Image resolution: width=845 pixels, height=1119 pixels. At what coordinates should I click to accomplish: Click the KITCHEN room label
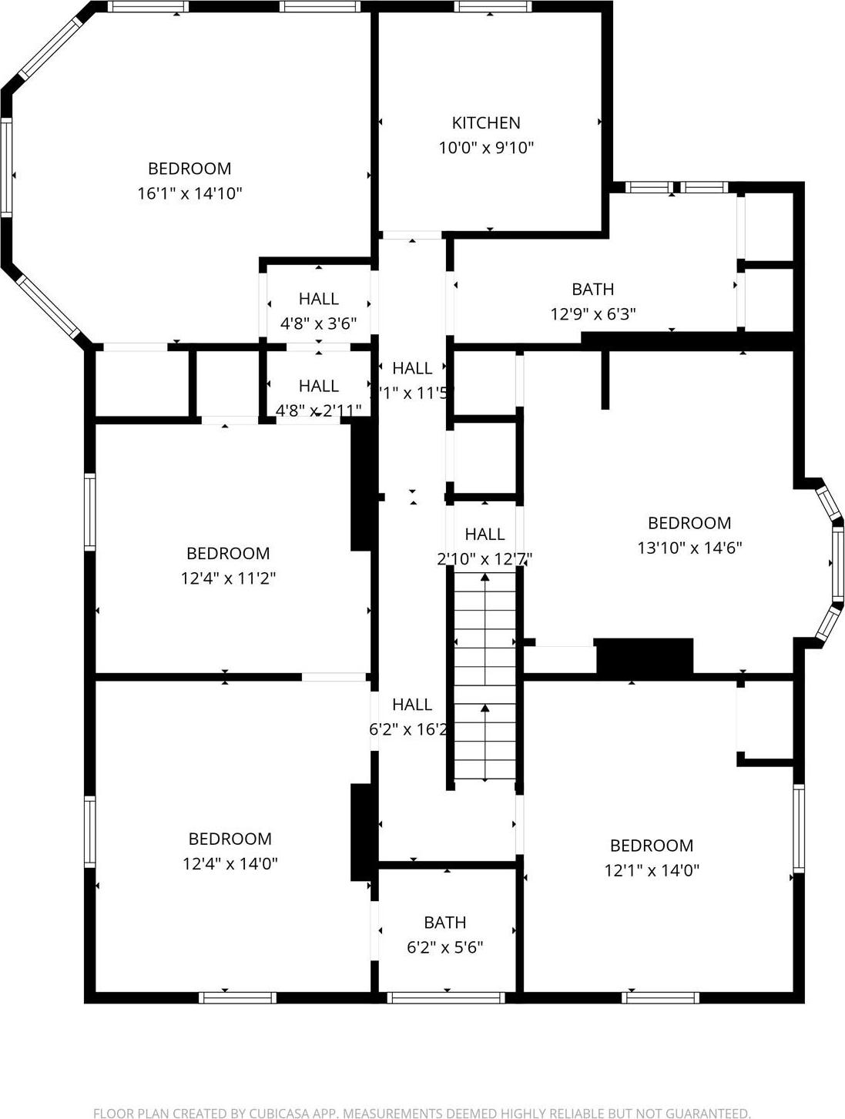pyautogui.click(x=485, y=122)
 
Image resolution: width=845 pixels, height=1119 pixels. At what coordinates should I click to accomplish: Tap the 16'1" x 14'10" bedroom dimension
pyautogui.click(x=189, y=193)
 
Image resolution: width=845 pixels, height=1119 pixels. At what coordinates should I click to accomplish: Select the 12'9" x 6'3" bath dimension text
pyautogui.click(x=592, y=313)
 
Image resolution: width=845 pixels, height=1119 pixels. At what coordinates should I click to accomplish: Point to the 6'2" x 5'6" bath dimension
pyautogui.click(x=444, y=946)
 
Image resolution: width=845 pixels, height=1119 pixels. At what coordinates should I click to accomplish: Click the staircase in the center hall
pyautogui.click(x=485, y=678)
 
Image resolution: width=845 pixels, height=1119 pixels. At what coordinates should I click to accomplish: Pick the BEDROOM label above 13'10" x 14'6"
pyautogui.click(x=689, y=523)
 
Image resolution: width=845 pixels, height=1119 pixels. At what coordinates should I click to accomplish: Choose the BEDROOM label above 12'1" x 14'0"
pyautogui.click(x=651, y=846)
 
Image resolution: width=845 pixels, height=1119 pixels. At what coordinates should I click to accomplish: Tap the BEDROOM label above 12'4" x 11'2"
pyautogui.click(x=228, y=553)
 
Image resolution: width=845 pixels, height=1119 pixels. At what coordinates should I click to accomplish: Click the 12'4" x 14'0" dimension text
pyautogui.click(x=230, y=863)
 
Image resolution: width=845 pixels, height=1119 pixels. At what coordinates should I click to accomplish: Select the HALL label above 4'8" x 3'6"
pyautogui.click(x=318, y=299)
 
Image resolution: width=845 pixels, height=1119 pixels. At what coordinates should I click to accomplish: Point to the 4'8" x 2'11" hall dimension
pyautogui.click(x=318, y=410)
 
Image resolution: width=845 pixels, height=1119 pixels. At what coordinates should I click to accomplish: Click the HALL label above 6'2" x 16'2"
pyautogui.click(x=411, y=704)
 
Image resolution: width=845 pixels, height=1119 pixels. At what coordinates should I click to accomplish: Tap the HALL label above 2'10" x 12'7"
pyautogui.click(x=485, y=534)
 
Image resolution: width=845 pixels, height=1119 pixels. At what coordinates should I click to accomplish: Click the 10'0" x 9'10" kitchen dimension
pyautogui.click(x=485, y=147)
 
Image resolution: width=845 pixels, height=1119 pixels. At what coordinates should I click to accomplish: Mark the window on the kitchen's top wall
pyautogui.click(x=492, y=7)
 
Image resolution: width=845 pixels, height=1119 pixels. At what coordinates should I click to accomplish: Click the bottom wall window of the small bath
pyautogui.click(x=446, y=997)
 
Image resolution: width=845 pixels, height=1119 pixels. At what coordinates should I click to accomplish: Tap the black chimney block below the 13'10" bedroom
pyautogui.click(x=645, y=658)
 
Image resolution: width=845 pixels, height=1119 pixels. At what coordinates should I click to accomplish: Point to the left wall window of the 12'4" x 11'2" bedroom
pyautogui.click(x=90, y=512)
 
